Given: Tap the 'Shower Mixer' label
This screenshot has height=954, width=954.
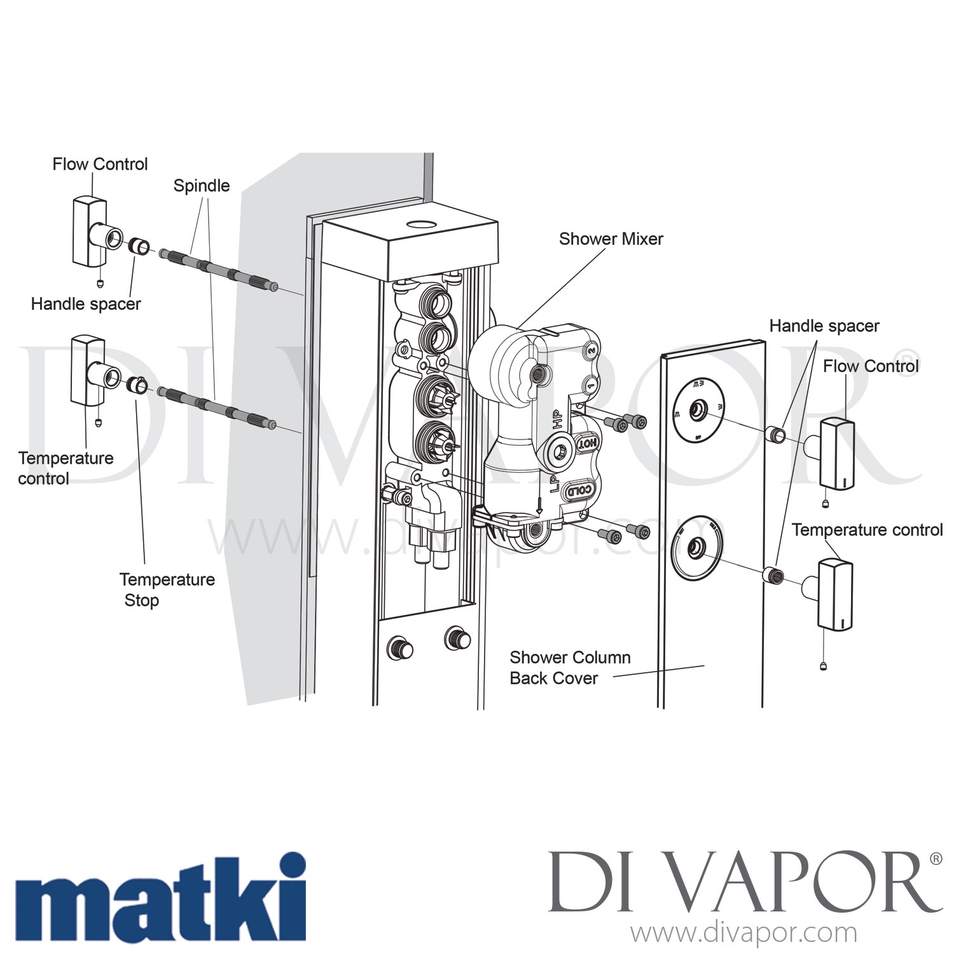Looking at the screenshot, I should click(611, 239).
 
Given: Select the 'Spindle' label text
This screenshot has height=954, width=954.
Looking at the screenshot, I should click(202, 186).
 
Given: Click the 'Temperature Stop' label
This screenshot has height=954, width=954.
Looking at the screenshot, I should click(167, 590).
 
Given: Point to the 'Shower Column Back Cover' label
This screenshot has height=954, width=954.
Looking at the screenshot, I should click(570, 668).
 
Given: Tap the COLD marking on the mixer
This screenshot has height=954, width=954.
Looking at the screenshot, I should click(579, 490).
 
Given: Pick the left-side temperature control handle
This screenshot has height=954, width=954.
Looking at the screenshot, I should click(88, 371).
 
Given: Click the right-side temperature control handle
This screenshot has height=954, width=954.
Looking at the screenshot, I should click(834, 595).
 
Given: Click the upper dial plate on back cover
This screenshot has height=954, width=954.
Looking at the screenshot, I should click(698, 409).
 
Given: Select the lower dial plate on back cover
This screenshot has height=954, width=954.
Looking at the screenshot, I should click(696, 548).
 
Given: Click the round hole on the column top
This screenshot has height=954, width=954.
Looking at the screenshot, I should click(420, 225).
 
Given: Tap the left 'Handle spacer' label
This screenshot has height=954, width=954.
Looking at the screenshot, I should click(86, 304).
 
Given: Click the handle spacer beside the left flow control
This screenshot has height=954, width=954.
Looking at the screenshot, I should click(139, 246).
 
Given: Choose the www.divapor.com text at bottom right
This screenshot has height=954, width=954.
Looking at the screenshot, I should click(743, 933).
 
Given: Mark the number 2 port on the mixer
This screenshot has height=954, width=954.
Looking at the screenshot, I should click(591, 350).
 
